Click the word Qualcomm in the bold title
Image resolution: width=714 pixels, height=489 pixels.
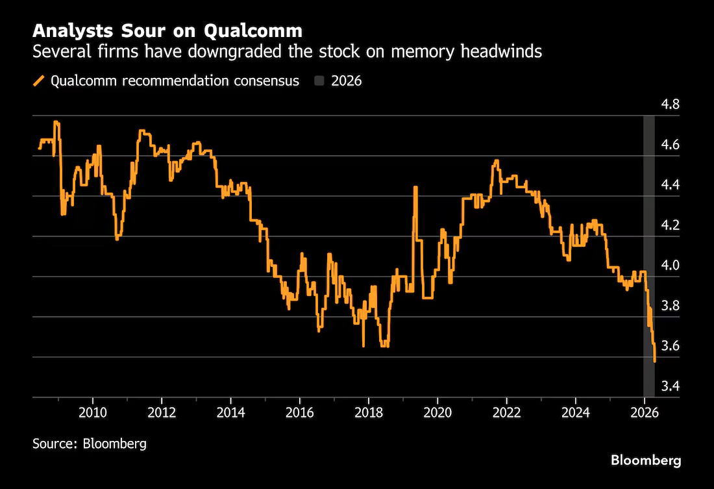click(x=252, y=31)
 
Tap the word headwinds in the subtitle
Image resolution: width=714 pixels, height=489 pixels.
click(x=501, y=51)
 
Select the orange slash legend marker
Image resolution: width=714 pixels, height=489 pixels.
click(x=39, y=81)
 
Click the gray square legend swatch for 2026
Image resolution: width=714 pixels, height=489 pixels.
click(x=319, y=81)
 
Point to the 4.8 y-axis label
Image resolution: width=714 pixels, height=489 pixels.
click(x=670, y=105)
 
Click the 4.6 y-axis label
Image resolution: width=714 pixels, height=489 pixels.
click(x=670, y=144)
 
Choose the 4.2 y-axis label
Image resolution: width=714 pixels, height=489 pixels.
click(x=670, y=225)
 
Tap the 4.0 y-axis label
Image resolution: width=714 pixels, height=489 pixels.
click(x=670, y=265)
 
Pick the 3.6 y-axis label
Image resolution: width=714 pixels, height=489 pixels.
click(x=670, y=346)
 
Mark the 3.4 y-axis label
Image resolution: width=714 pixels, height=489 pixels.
click(x=670, y=386)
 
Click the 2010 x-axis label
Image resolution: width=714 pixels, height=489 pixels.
click(x=93, y=413)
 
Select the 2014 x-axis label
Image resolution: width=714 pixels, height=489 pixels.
click(x=231, y=413)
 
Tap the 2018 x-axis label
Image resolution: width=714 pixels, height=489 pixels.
click(x=369, y=413)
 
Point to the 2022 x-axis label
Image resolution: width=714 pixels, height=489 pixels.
click(x=507, y=413)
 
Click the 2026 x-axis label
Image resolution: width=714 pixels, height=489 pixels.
click(x=645, y=413)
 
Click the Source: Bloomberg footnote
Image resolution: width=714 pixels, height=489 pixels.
click(x=90, y=444)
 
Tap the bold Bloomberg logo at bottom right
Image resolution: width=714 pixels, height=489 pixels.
click(x=646, y=460)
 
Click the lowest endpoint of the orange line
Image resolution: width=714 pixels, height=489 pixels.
click(x=655, y=361)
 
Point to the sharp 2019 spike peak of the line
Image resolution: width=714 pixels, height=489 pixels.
click(x=415, y=187)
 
